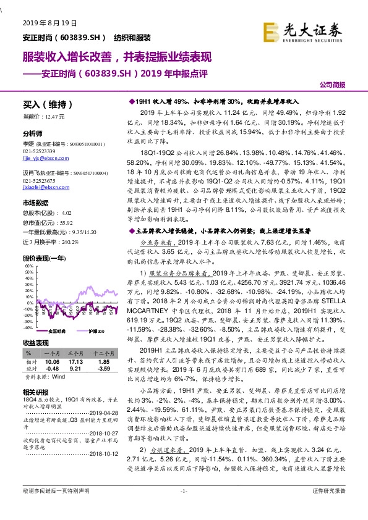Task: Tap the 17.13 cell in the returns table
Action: [x=76, y=361]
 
